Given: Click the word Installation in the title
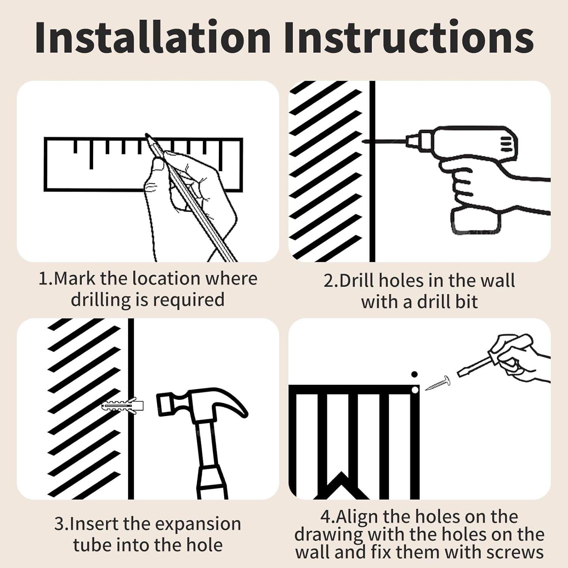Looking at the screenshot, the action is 153,37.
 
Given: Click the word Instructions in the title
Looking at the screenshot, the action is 409,37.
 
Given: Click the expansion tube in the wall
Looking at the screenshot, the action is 123,406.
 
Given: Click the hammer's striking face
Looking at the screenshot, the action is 162,404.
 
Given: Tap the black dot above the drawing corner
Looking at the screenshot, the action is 414,374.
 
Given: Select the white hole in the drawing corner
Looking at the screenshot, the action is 415,390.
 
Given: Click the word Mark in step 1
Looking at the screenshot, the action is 75,279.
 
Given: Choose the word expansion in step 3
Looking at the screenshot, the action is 198,525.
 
